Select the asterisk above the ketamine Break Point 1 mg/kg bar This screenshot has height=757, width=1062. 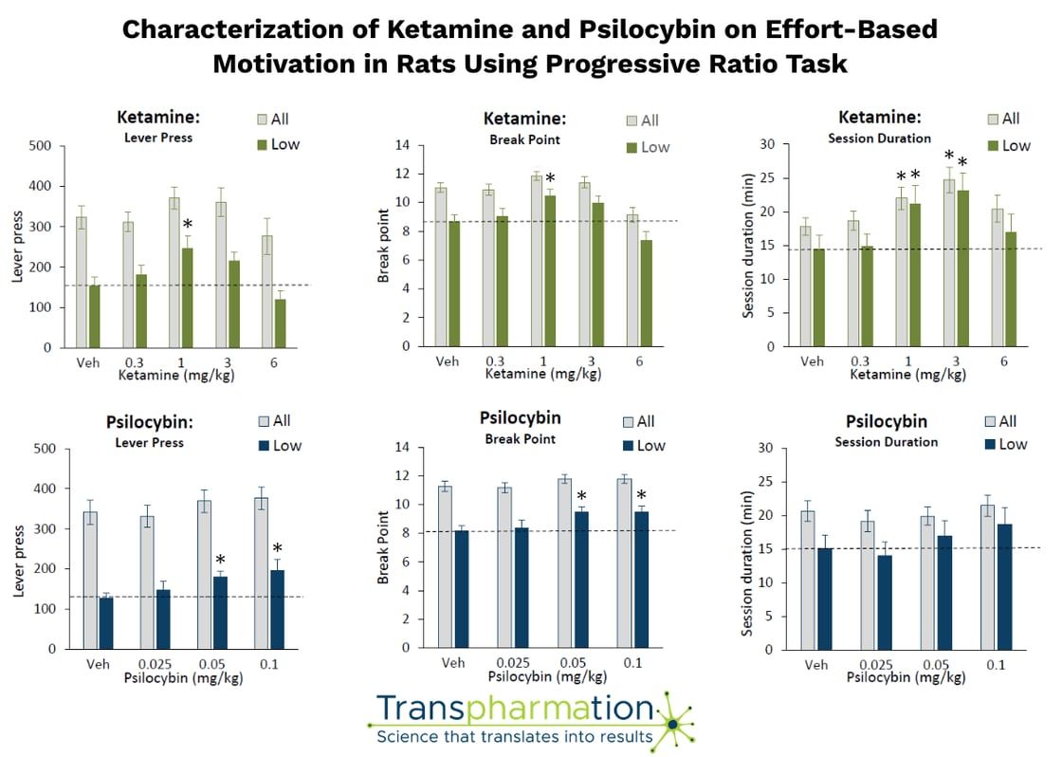pyautogui.click(x=550, y=178)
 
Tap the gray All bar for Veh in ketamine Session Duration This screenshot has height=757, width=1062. pyautogui.click(x=805, y=286)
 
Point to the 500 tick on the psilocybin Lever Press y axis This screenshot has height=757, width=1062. pyautogui.click(x=42, y=449)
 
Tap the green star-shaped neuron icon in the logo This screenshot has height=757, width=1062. pyautogui.click(x=673, y=724)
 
